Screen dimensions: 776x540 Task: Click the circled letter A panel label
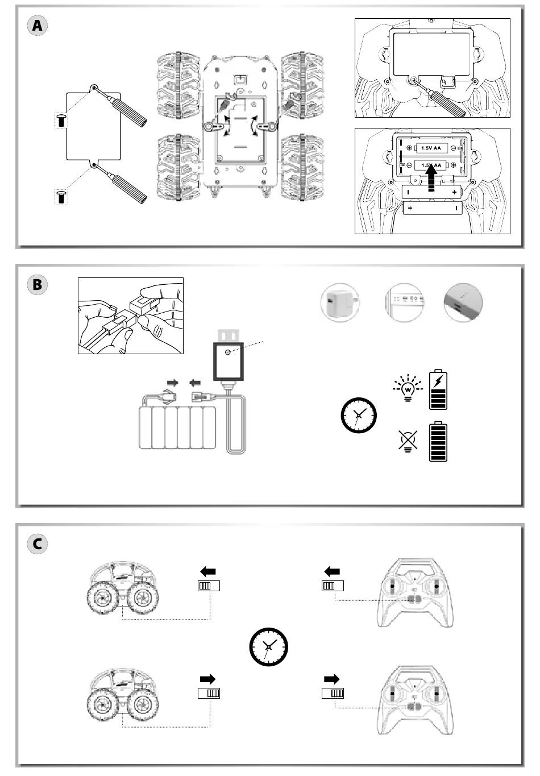point(38,26)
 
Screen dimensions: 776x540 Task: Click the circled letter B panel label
point(38,284)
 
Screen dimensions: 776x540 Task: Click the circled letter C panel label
point(38,543)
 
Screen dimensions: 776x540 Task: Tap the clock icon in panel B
point(359,416)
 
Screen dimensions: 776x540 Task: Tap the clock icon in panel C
point(269,646)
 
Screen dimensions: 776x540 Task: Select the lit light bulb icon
point(408,389)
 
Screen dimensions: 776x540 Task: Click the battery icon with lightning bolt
point(438,389)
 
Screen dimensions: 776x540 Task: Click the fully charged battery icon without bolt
point(438,442)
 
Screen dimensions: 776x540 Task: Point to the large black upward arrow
point(431,177)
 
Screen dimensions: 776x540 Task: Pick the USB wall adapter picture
point(340,302)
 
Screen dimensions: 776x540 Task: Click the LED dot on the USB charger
point(229,353)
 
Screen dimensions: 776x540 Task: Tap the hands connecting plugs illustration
point(131,316)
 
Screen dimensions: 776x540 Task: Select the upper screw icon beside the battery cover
point(61,121)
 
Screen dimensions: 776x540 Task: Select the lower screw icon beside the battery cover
point(61,197)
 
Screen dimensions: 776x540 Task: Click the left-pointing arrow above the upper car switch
point(208,572)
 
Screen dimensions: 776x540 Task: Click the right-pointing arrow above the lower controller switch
point(332,679)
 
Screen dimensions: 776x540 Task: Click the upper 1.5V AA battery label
point(430,148)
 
